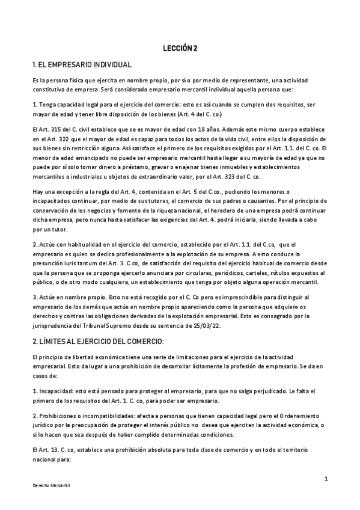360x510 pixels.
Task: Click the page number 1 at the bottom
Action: [x=325, y=479]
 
